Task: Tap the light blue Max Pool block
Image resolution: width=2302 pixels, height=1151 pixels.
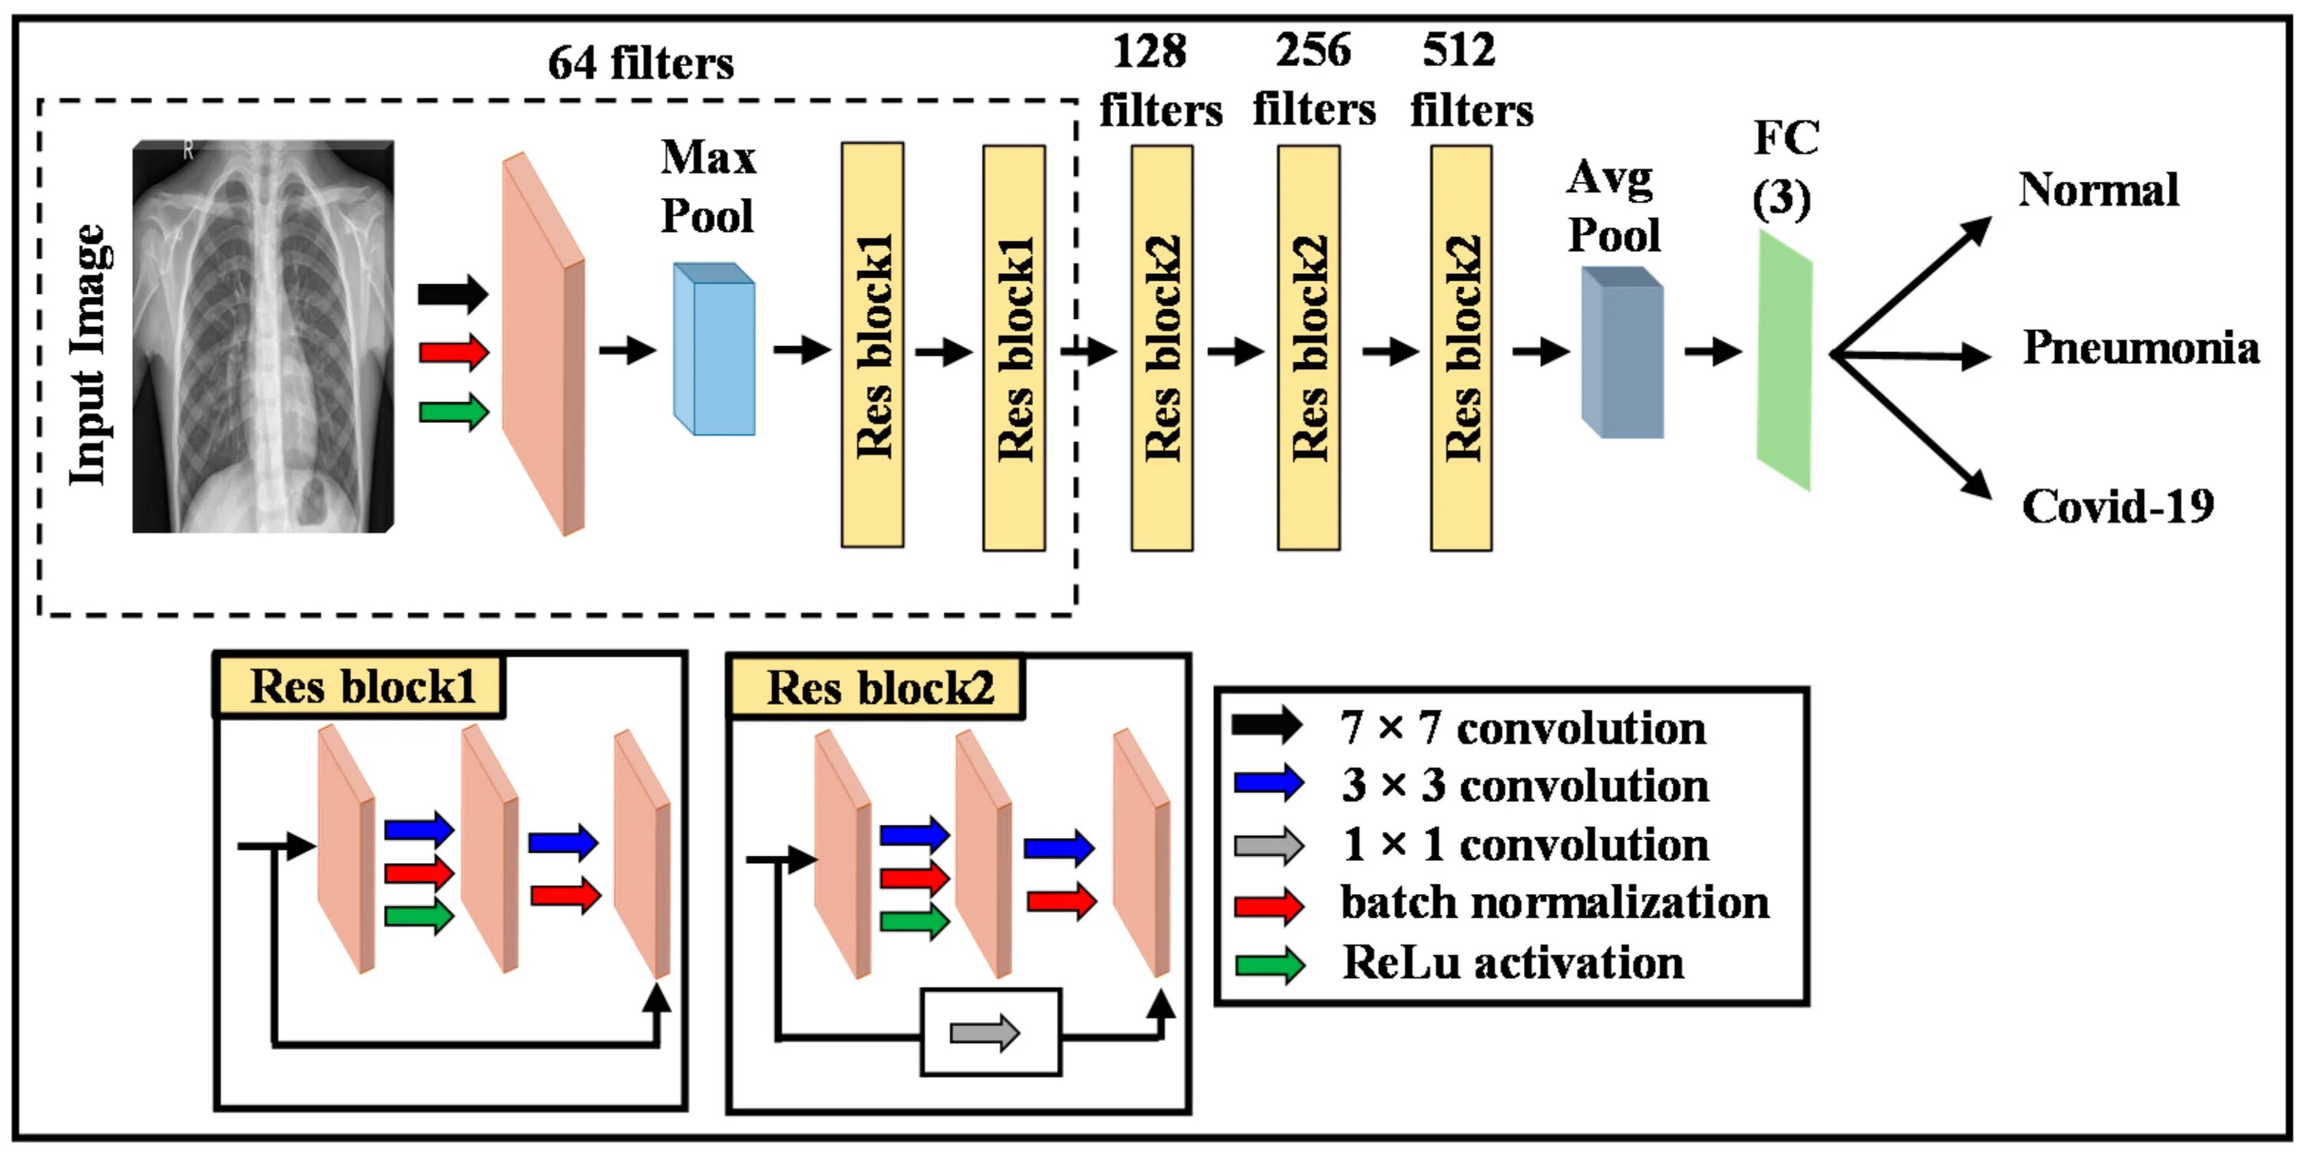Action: coord(714,348)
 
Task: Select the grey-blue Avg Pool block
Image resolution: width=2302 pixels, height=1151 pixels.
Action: coord(1622,352)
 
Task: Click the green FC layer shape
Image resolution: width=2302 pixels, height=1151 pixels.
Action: coord(1785,361)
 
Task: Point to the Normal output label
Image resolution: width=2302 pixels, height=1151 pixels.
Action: coord(2098,190)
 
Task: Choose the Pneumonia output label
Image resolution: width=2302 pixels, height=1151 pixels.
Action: coord(2141,348)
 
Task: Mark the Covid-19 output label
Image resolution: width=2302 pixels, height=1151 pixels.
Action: coord(2118,506)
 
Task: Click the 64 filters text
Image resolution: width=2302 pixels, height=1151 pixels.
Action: coord(641,64)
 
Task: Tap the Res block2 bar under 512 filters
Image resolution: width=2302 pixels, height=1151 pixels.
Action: coord(1461,348)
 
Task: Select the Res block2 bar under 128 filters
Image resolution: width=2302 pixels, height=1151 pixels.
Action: coord(1162,348)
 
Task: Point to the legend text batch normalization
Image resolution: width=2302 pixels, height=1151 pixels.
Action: coord(1555,902)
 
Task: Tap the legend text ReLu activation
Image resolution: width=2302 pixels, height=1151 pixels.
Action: coord(1513,963)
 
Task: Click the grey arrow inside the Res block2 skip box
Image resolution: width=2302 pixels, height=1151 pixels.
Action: coord(984,1033)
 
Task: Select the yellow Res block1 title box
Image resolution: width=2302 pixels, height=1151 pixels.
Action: coord(359,686)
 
